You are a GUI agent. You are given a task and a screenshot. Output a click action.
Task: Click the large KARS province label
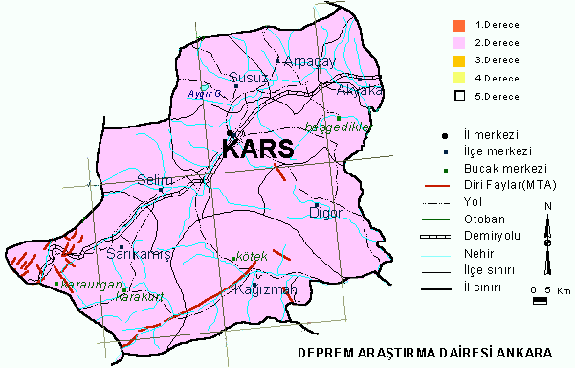pyautogui.click(x=258, y=150)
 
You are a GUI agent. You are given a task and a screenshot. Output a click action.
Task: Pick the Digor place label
pyautogui.click(x=325, y=213)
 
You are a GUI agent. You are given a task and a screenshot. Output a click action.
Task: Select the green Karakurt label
pyautogui.click(x=134, y=296)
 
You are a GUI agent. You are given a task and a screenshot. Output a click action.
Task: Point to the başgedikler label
pyautogui.click(x=335, y=126)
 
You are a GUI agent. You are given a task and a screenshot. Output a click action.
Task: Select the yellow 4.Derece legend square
pyautogui.click(x=459, y=78)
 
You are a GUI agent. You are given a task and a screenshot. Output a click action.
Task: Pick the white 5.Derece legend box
pyautogui.click(x=459, y=95)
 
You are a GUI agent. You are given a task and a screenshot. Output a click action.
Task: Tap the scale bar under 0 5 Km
pyautogui.click(x=541, y=301)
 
